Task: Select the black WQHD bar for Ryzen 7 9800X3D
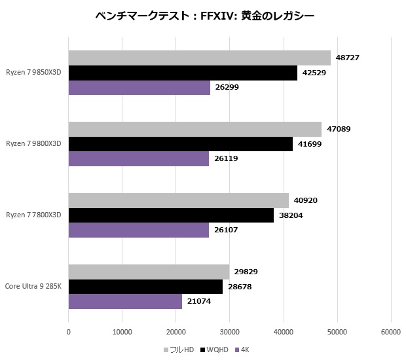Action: [180, 144]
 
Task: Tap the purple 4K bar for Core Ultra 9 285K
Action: [125, 301]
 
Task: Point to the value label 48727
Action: [346, 58]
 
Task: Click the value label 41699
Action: [308, 144]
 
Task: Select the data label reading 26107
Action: [225, 230]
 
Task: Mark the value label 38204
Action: [290, 215]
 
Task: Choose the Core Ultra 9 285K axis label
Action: [33, 286]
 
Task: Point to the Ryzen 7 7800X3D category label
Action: [33, 215]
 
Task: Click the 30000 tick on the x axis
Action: [230, 332]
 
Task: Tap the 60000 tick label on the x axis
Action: [391, 332]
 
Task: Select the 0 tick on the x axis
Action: [69, 332]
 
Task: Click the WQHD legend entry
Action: [217, 350]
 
